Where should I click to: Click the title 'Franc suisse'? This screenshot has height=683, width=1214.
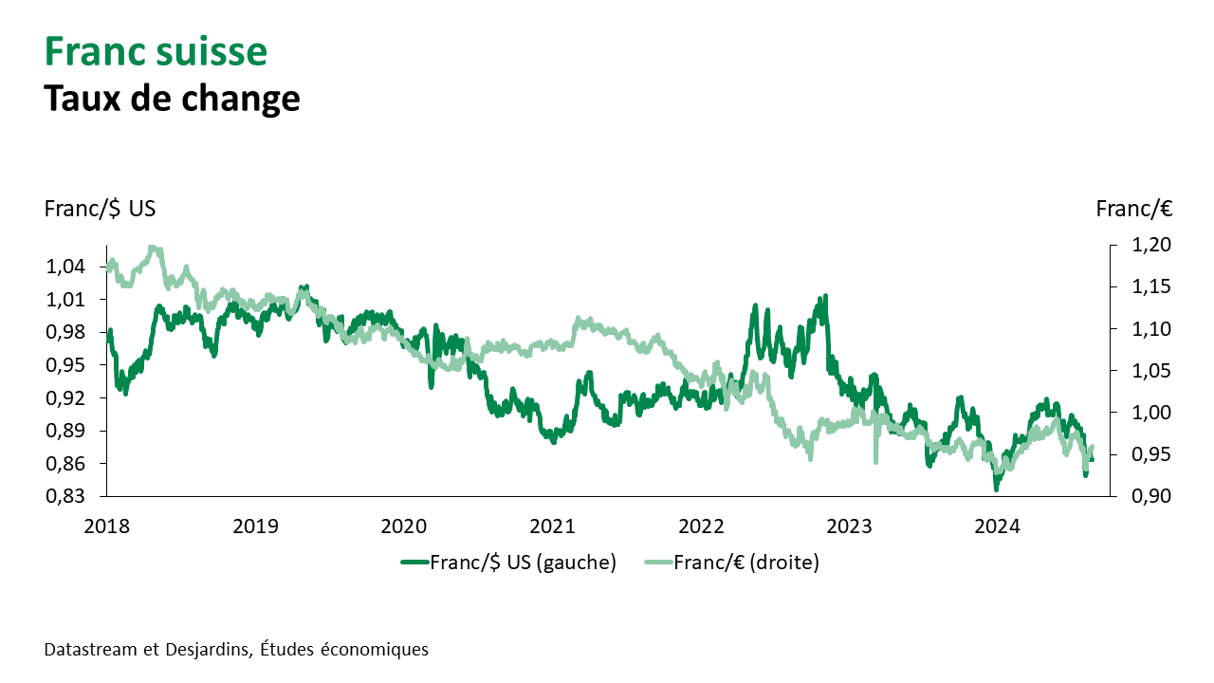click(156, 51)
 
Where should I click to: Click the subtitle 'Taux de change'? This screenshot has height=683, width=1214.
click(172, 98)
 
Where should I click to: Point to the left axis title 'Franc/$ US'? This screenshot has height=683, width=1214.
click(100, 209)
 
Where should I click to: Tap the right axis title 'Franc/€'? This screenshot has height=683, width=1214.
click(1134, 209)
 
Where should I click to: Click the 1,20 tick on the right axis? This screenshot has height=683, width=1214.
click(1151, 245)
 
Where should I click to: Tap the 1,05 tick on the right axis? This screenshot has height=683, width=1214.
click(1151, 371)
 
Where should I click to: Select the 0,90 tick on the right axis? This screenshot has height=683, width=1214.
click(1151, 496)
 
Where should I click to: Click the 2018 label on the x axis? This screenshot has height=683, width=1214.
click(106, 526)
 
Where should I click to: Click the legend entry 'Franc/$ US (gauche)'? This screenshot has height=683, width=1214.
click(523, 563)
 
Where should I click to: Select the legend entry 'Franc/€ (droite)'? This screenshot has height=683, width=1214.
click(745, 563)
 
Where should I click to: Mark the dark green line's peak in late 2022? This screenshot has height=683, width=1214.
click(825, 296)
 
